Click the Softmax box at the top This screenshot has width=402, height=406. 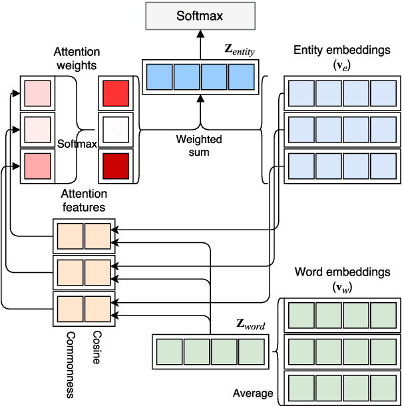pyautogui.click(x=199, y=15)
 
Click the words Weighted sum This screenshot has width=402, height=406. pyautogui.click(x=199, y=146)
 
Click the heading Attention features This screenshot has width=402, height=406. pyautogui.click(x=84, y=200)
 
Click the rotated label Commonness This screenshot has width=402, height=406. pyautogui.click(x=70, y=364)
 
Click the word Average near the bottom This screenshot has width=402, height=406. pyautogui.click(x=253, y=393)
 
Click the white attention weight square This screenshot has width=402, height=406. pyautogui.click(x=112, y=129)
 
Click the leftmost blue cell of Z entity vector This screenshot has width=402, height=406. pyautogui.click(x=158, y=76)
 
